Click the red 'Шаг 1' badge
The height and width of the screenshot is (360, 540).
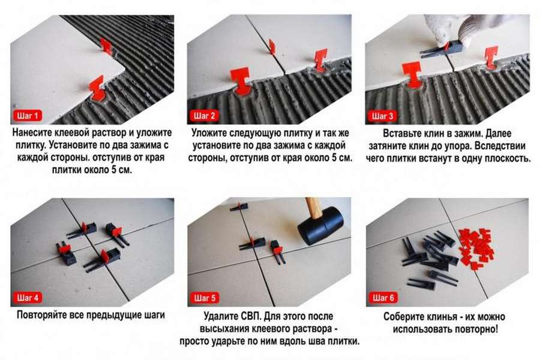[28, 116]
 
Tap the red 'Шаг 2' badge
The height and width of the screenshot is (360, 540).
[204, 116]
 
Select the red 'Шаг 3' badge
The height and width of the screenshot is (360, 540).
[382, 116]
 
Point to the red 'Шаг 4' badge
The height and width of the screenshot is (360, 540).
[28, 298]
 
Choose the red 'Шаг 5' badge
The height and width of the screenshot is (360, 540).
[205, 298]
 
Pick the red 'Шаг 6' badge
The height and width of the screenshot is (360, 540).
[383, 298]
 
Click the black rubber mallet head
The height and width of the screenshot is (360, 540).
[320, 226]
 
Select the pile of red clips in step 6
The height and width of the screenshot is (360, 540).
[477, 247]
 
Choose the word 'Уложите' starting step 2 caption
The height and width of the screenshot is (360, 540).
[209, 133]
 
